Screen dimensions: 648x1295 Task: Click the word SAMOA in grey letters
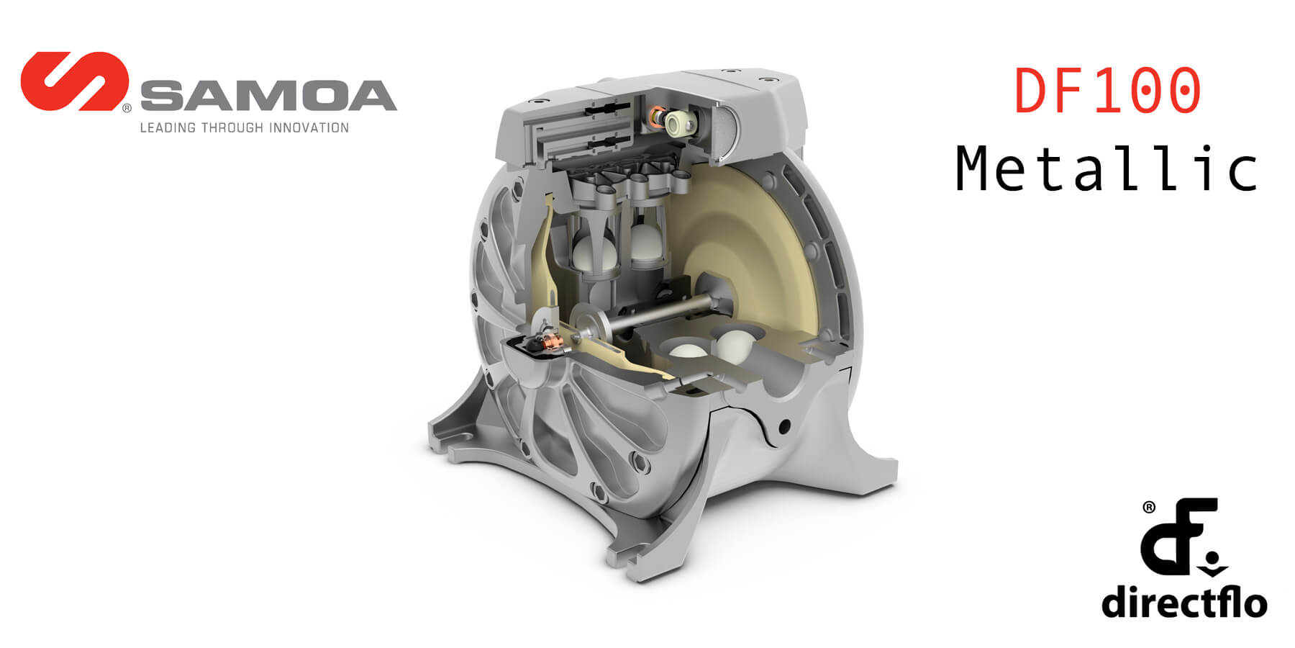pos(268,96)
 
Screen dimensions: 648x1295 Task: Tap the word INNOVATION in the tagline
pos(309,128)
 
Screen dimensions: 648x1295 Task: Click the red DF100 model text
pos(1107,91)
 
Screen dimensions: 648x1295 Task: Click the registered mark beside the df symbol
pos(1149,508)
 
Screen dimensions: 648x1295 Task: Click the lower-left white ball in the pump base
pos(688,352)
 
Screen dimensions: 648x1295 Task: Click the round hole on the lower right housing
pos(784,426)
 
